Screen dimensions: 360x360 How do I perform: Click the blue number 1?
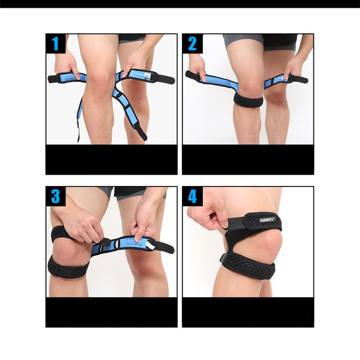coord(55,43)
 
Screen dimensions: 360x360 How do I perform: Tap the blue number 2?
coord(192,43)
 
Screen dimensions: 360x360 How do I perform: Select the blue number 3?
coord(56,196)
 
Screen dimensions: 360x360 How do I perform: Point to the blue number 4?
coord(192,196)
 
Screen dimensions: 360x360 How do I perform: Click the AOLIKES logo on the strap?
coord(267,220)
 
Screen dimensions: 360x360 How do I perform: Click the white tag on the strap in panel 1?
coord(146,76)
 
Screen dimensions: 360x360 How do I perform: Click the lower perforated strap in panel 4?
coord(247,266)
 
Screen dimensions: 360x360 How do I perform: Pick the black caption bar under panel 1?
coord(111,159)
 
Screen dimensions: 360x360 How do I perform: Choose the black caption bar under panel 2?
coord(248,159)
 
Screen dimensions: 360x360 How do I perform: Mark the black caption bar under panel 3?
coord(111,312)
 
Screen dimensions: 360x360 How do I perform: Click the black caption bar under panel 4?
coord(248,312)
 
